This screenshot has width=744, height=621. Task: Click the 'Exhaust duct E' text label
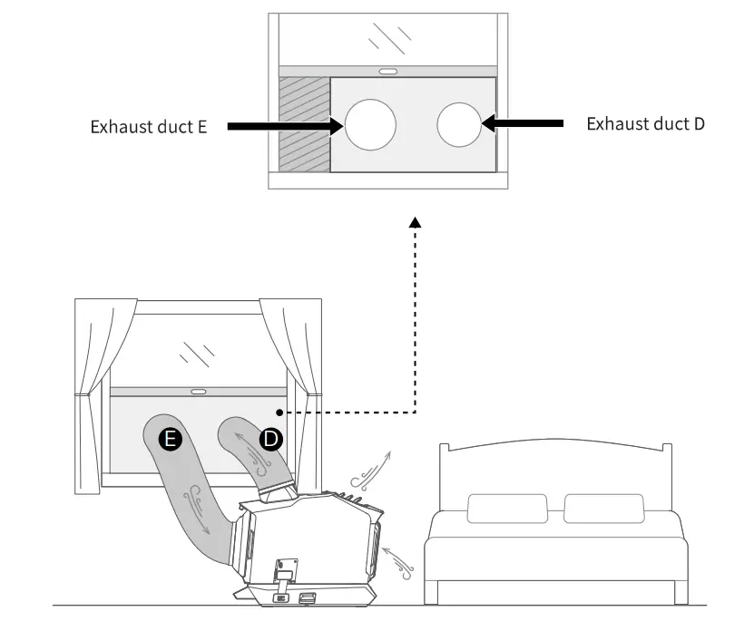pos(149,127)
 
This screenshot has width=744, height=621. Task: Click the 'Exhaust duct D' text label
pos(645,124)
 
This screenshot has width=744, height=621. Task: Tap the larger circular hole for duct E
pos(369,124)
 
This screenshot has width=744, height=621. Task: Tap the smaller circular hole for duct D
pos(459,124)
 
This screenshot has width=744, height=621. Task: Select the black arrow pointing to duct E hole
pos(283,126)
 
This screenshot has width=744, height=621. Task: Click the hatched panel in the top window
pos(304,124)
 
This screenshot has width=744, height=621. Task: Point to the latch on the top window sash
pos(387,71)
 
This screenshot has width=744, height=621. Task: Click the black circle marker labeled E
pos(170,440)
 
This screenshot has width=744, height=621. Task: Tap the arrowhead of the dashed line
pos(415,222)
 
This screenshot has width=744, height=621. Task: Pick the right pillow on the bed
pos(602,509)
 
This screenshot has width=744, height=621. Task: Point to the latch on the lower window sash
pos(198,392)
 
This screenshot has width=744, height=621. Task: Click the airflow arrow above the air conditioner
pos(371,467)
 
